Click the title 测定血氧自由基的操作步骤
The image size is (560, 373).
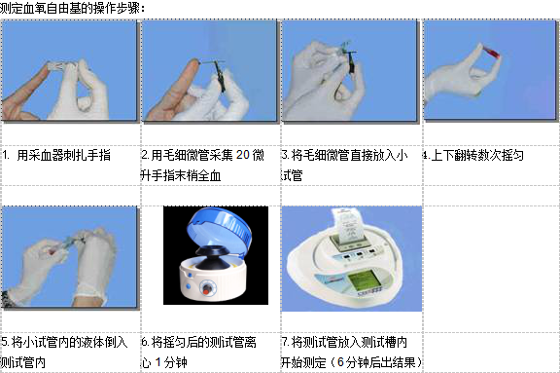70,8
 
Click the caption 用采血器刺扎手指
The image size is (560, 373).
63,155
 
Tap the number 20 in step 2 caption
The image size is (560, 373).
242,155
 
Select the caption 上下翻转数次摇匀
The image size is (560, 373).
477,155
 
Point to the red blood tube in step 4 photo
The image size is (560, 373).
490,52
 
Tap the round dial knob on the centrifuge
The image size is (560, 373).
206,288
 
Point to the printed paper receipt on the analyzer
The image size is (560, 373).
345,225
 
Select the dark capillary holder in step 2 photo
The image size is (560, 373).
221,80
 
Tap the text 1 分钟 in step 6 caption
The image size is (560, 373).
171,362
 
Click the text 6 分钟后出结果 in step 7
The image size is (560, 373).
376,362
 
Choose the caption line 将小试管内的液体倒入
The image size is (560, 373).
69,342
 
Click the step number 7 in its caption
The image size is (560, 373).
284,342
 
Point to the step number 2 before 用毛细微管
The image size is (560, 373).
144,155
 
